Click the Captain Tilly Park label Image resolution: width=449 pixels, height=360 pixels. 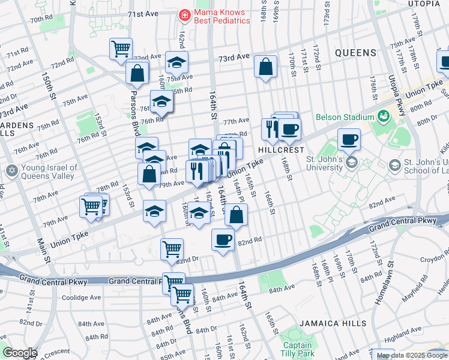click(297, 349)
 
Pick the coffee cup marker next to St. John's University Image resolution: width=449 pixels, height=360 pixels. click(349, 140)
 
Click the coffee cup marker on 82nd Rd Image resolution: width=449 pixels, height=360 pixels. click(223, 240)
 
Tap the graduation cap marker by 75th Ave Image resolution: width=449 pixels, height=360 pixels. click(176, 62)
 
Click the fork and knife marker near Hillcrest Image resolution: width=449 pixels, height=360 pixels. click(271, 128)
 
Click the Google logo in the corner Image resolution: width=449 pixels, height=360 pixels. click(20, 353)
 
